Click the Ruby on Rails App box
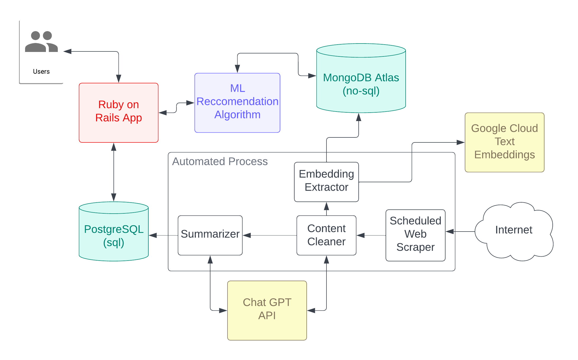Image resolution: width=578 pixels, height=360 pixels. click(x=119, y=113)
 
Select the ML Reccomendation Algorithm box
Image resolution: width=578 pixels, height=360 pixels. click(x=237, y=103)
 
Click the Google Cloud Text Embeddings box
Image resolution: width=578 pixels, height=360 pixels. click(x=504, y=142)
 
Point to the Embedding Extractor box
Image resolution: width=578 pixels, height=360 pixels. click(x=326, y=182)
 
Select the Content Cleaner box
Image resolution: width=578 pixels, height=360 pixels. click(x=326, y=235)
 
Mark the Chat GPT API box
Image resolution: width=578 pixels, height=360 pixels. click(x=267, y=310)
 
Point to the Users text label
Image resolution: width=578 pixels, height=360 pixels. click(x=41, y=71)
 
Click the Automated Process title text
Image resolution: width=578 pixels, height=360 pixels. click(x=220, y=161)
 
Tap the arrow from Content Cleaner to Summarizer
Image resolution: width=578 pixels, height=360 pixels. click(x=269, y=235)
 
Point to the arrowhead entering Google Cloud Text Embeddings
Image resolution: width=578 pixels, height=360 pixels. click(x=461, y=142)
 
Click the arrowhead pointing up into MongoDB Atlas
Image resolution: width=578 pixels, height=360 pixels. click(x=358, y=117)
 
